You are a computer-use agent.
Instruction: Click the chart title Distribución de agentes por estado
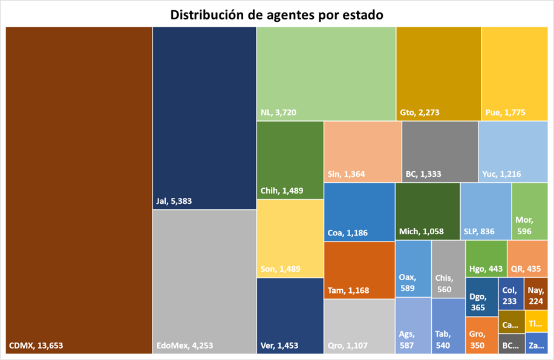click(x=277, y=15)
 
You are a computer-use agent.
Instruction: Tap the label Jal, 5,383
click(x=174, y=201)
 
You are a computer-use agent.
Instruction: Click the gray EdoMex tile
click(x=204, y=281)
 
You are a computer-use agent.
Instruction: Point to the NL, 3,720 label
click(x=278, y=113)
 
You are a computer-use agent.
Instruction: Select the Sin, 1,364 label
click(x=347, y=174)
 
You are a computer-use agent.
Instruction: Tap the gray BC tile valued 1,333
click(x=440, y=151)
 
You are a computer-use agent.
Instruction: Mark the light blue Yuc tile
click(x=513, y=151)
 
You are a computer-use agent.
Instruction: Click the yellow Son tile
click(x=290, y=238)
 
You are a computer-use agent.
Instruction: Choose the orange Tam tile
click(x=359, y=270)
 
